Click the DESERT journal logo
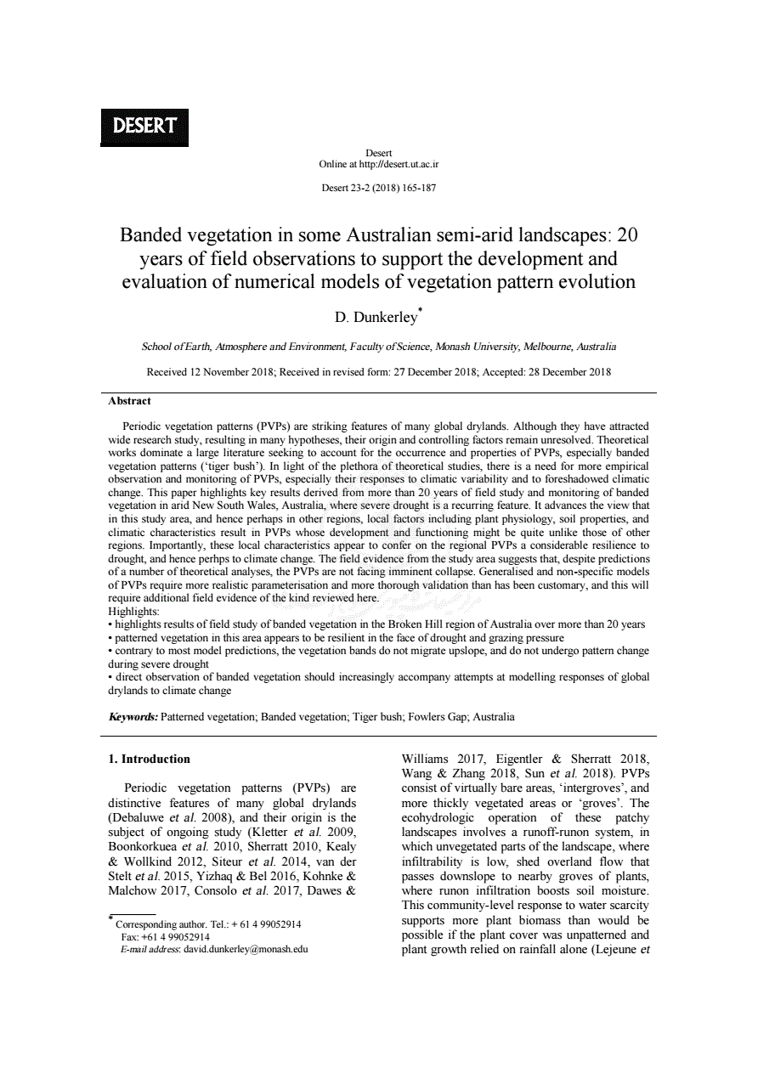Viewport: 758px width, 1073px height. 144,127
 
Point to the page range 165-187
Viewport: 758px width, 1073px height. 416,188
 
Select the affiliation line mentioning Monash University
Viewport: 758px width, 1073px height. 378,347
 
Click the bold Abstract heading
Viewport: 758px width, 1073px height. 130,401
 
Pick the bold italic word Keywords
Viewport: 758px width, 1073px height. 133,716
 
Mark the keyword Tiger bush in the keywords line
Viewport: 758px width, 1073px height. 370,716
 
